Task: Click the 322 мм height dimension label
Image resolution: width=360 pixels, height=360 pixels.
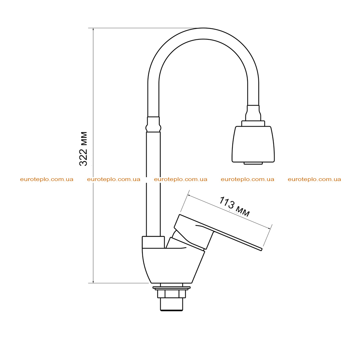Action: pos(83,149)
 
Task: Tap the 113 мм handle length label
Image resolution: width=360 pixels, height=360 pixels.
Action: pos(234,206)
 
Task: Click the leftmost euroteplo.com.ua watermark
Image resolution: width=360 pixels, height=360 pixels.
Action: pos(47,179)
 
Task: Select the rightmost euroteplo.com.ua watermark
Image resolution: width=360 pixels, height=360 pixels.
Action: pos(314,179)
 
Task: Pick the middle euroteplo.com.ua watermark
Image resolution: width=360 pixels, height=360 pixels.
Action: pos(180,179)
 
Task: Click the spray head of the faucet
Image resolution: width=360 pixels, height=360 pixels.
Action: pos(253,144)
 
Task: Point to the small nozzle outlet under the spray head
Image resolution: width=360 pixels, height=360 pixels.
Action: pos(253,163)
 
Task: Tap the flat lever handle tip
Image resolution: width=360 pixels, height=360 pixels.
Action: pos(261,249)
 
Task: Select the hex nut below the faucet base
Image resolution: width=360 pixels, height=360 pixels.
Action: pos(171,294)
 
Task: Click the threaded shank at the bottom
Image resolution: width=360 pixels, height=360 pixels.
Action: pos(172,304)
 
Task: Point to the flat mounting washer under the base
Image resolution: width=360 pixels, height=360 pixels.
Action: pos(172,288)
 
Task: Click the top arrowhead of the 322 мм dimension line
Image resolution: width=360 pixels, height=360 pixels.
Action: pos(93,30)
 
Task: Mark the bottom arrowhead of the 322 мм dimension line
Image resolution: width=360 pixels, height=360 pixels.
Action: pos(93,282)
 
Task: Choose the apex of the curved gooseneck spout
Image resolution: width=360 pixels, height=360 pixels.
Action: pos(203,28)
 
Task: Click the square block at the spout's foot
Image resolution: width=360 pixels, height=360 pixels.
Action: pos(153,242)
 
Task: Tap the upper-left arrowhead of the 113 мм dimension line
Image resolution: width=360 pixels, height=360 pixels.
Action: pos(189,195)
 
